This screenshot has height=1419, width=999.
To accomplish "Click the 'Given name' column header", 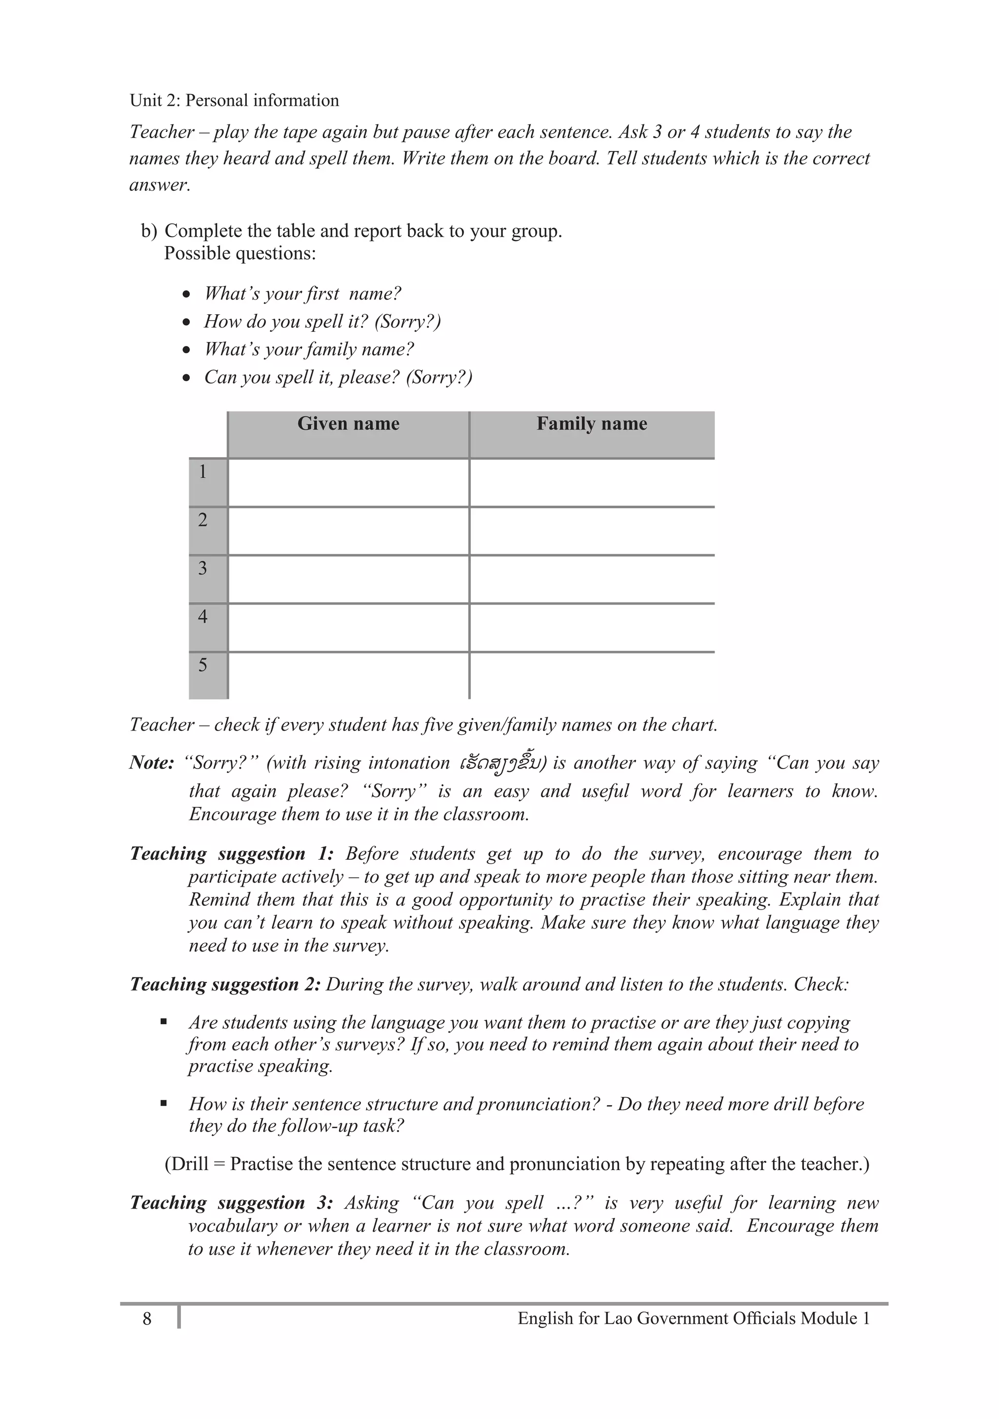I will [x=348, y=424].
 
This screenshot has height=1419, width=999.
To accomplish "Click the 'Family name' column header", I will [x=591, y=424].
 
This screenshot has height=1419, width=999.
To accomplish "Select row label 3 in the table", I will [x=202, y=568].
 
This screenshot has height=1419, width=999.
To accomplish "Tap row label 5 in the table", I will [x=202, y=666].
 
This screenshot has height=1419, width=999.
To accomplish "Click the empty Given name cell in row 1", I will [x=348, y=483].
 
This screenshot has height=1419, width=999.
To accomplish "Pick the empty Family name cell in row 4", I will [x=591, y=628].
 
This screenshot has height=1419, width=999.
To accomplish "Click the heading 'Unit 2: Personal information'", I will [x=234, y=101].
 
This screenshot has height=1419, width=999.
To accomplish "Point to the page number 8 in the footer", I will [x=146, y=1319].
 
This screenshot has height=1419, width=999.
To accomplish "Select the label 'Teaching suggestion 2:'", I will [x=225, y=985].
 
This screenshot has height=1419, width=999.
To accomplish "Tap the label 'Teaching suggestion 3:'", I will [x=231, y=1203].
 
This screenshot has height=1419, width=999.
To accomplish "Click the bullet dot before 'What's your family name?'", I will [x=186, y=350].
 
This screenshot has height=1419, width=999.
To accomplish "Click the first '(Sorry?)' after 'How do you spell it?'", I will [x=408, y=322].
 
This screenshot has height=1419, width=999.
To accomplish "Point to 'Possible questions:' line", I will [x=240, y=253].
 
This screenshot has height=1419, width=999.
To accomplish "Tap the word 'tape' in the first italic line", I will [x=301, y=132].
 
